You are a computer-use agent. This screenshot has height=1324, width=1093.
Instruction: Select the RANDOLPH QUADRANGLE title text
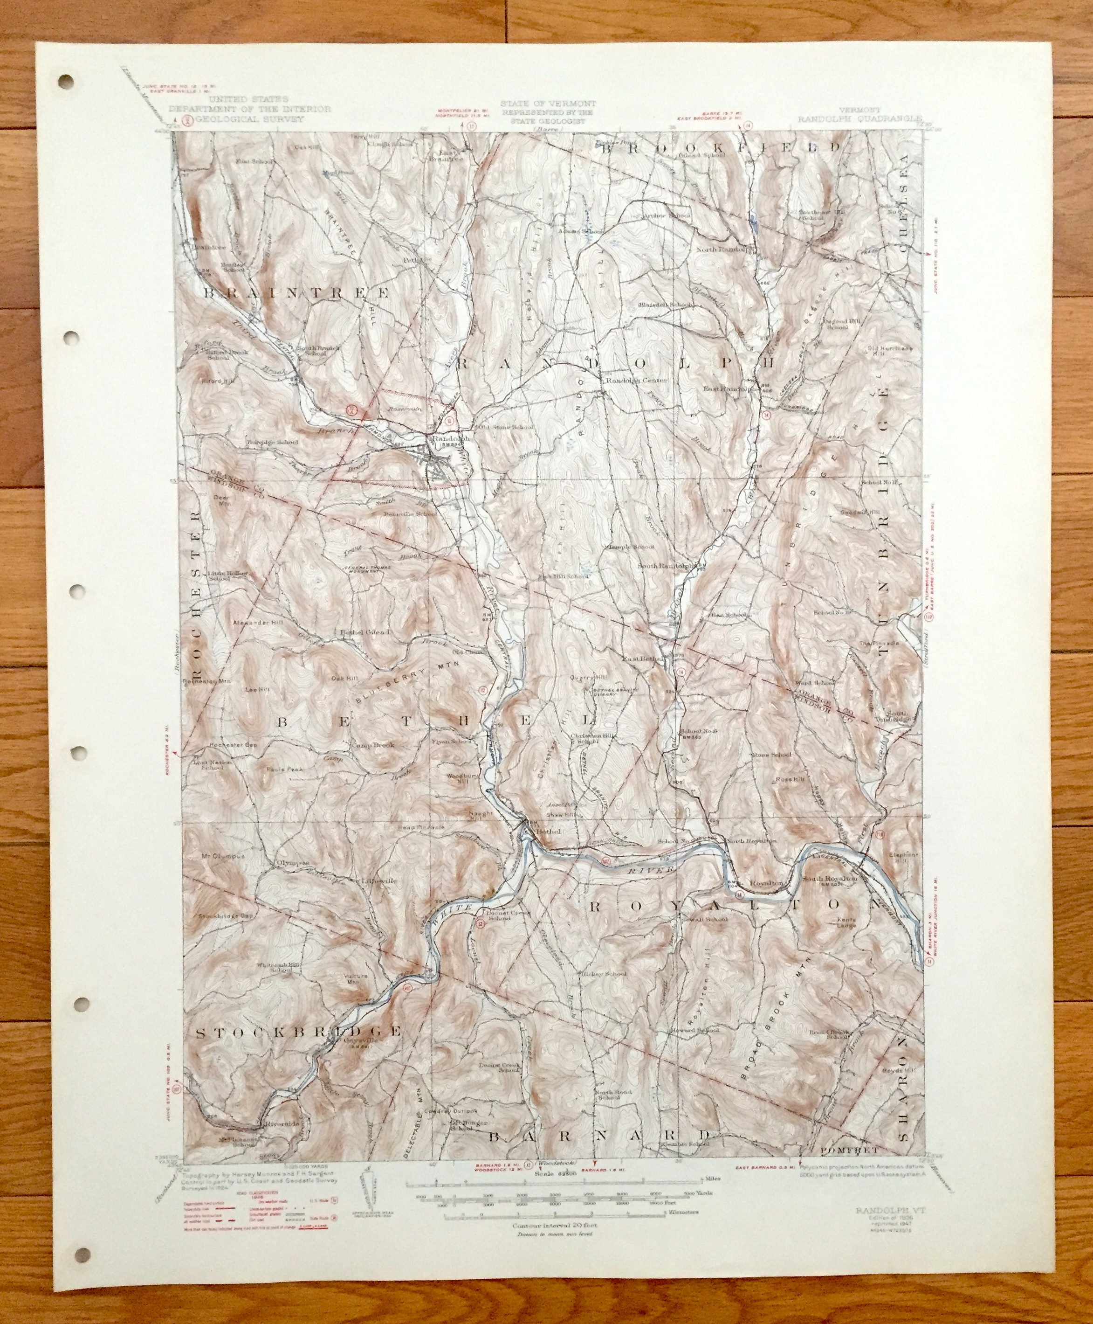click(859, 118)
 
